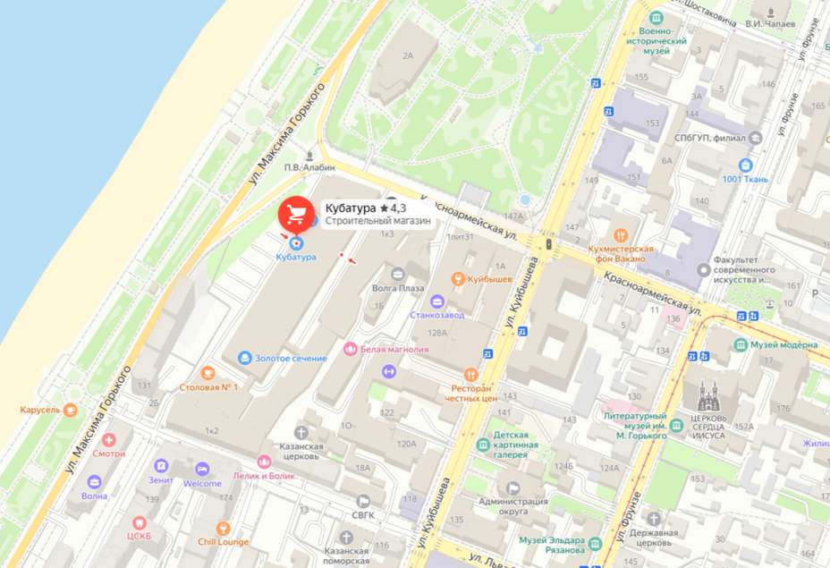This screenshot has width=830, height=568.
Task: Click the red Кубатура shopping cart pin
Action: point(295,215)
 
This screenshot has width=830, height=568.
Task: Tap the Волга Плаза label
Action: point(399,289)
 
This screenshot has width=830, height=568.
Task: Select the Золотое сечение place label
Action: point(292,359)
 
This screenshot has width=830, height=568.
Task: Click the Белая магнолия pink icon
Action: point(350,348)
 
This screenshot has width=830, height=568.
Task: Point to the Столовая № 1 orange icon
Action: point(208,373)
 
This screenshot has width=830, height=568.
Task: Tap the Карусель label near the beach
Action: point(39,411)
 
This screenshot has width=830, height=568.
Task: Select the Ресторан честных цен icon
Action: point(470,374)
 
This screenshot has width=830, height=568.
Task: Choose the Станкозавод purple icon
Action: point(436,301)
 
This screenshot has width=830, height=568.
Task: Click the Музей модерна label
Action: point(783,345)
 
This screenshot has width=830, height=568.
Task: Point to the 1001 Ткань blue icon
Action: point(745,165)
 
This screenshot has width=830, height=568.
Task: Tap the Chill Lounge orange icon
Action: point(223,529)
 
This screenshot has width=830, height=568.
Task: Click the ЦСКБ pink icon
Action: point(139,522)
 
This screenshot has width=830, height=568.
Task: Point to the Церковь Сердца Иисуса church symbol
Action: point(708,394)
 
